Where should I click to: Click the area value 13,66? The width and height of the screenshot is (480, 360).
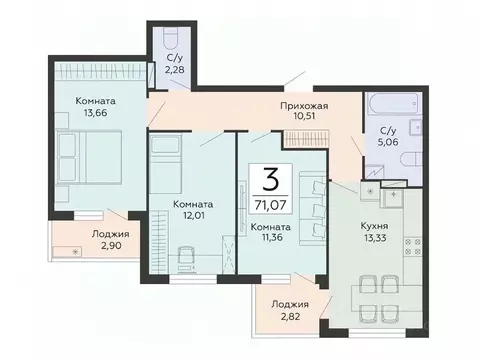(95, 113)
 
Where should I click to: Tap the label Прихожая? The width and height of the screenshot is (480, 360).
(304, 106)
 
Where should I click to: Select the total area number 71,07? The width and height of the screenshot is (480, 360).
(270, 205)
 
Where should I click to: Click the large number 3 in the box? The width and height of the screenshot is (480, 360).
(271, 179)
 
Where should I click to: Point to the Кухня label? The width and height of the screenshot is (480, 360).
(374, 226)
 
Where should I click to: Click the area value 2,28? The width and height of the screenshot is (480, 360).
(175, 70)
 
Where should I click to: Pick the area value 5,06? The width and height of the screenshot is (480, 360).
(388, 142)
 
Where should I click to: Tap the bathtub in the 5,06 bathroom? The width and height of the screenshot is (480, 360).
(394, 103)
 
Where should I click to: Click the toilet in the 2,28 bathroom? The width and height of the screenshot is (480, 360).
(172, 39)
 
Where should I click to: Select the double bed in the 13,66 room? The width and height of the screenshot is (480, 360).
(88, 157)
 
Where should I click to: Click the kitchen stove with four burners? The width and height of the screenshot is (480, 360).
(413, 246)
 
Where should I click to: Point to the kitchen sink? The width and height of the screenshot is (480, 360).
(393, 197)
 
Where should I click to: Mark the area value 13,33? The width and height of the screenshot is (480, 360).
(375, 238)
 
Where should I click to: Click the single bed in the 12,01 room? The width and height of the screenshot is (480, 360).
(165, 164)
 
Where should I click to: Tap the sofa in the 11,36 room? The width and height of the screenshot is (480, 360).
(312, 209)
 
